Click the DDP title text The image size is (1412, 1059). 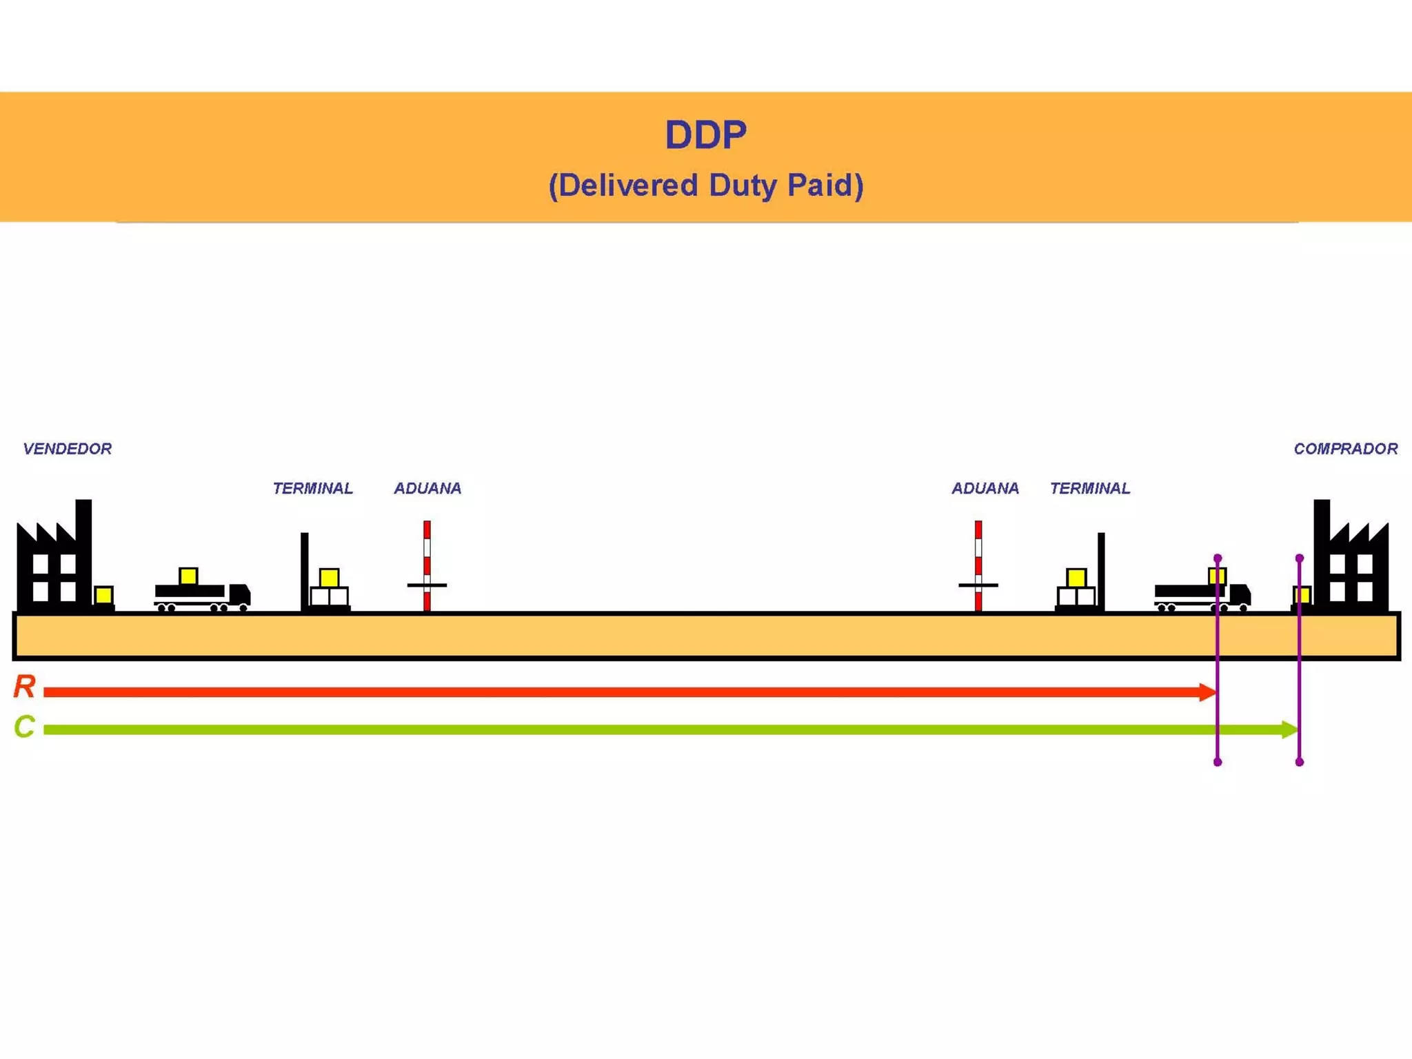pos(705,134)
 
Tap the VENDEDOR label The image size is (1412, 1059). pos(67,449)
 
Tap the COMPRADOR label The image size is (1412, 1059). pos(1345,449)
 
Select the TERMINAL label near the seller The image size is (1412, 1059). pos(312,488)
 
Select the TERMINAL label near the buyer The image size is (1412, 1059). pos(1089,488)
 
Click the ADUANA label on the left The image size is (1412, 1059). pos(427,488)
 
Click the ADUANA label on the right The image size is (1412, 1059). pos(985,488)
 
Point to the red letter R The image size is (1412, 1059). pos(24,687)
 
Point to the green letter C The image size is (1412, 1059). pos(24,727)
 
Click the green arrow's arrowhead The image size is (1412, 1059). pos(1289,729)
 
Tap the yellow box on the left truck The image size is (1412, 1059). pos(188,576)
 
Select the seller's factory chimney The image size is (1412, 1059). pos(83,545)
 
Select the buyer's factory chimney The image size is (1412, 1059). pos(1321,545)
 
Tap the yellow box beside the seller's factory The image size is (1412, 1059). pos(103,595)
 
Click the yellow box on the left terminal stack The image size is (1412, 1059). pos(329,577)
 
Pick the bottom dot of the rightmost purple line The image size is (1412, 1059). pos(1299,762)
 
